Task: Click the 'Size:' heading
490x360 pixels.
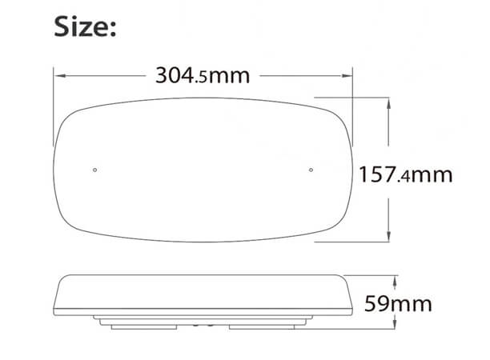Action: pyautogui.click(x=86, y=27)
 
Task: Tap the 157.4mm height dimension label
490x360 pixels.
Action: pyautogui.click(x=405, y=174)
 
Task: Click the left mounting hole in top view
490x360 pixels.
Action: pyautogui.click(x=95, y=170)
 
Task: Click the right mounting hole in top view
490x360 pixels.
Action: pyautogui.click(x=311, y=170)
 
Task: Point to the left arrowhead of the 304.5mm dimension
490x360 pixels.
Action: pyautogui.click(x=58, y=76)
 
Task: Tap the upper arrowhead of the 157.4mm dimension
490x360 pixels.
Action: pyautogui.click(x=390, y=103)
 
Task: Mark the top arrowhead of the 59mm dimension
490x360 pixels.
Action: pyautogui.click(x=396, y=279)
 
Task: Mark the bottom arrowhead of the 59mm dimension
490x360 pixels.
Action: pyautogui.click(x=396, y=325)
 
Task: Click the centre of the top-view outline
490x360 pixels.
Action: pyautogui.click(x=203, y=170)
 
